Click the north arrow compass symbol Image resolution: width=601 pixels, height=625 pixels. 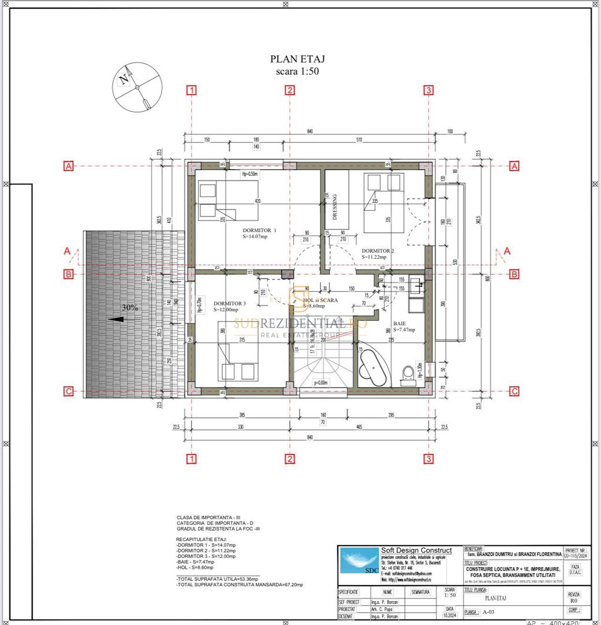point(137,87)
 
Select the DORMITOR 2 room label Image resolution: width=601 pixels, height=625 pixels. point(378,251)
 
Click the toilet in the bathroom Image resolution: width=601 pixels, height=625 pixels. point(408,373)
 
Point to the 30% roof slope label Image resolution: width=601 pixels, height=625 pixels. point(130,308)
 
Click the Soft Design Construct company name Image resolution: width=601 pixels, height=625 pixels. point(416,550)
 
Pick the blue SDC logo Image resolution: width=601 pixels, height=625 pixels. point(359,561)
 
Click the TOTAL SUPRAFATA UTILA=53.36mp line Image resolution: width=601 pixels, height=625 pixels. point(217,578)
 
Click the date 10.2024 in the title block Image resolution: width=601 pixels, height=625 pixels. point(449,616)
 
